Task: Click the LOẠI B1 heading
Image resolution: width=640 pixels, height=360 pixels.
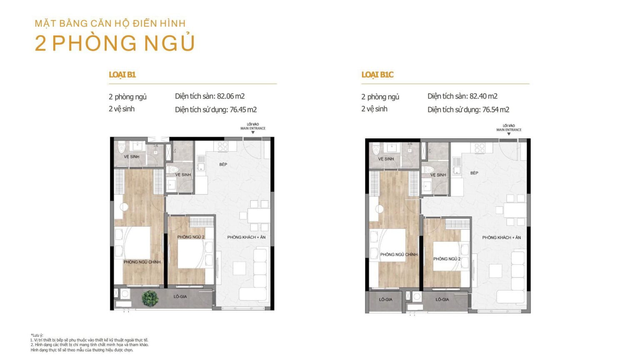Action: pyautogui.click(x=122, y=75)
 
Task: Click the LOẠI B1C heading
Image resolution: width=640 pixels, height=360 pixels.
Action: pyautogui.click(x=377, y=75)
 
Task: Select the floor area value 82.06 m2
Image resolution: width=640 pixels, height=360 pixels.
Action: pyautogui.click(x=231, y=96)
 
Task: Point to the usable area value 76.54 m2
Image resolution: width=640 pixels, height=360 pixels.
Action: pyautogui.click(x=496, y=110)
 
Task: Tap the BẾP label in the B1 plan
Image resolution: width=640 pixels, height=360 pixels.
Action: pyautogui.click(x=223, y=164)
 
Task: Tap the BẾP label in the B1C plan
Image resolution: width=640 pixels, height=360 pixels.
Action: pyautogui.click(x=474, y=173)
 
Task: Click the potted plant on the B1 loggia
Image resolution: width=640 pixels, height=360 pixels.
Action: pyautogui.click(x=150, y=299)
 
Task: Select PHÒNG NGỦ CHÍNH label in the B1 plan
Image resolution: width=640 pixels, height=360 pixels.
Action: pyautogui.click(x=142, y=262)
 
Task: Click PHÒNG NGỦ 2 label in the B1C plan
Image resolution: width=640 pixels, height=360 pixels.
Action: pyautogui.click(x=447, y=259)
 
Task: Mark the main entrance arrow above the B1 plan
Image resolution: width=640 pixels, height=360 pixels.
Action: pyautogui.click(x=253, y=132)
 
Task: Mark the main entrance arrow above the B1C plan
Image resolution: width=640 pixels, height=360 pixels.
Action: pyautogui.click(x=509, y=134)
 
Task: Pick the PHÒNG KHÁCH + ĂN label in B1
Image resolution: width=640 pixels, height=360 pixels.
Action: pyautogui.click(x=246, y=237)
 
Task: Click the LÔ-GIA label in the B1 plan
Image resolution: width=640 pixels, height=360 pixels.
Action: pyautogui.click(x=180, y=297)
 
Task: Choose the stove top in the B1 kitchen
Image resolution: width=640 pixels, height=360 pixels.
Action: pyautogui.click(x=223, y=147)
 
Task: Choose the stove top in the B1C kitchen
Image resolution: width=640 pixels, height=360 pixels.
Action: pyautogui.click(x=480, y=148)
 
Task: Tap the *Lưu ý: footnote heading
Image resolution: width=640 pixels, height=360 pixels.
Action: pyautogui.click(x=37, y=335)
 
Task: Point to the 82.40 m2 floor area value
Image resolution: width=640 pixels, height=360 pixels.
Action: pyautogui.click(x=483, y=96)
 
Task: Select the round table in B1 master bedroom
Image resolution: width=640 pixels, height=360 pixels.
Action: pyautogui.click(x=124, y=207)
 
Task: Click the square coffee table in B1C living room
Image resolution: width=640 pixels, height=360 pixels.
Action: pyautogui.click(x=495, y=271)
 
